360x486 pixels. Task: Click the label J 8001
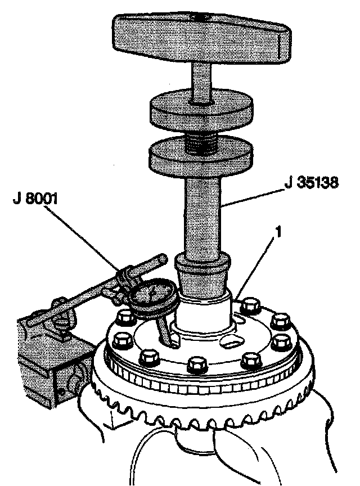click(37, 197)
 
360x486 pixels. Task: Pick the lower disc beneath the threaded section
click(200, 157)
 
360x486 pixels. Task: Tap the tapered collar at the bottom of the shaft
click(203, 276)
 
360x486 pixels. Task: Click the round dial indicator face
click(151, 296)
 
